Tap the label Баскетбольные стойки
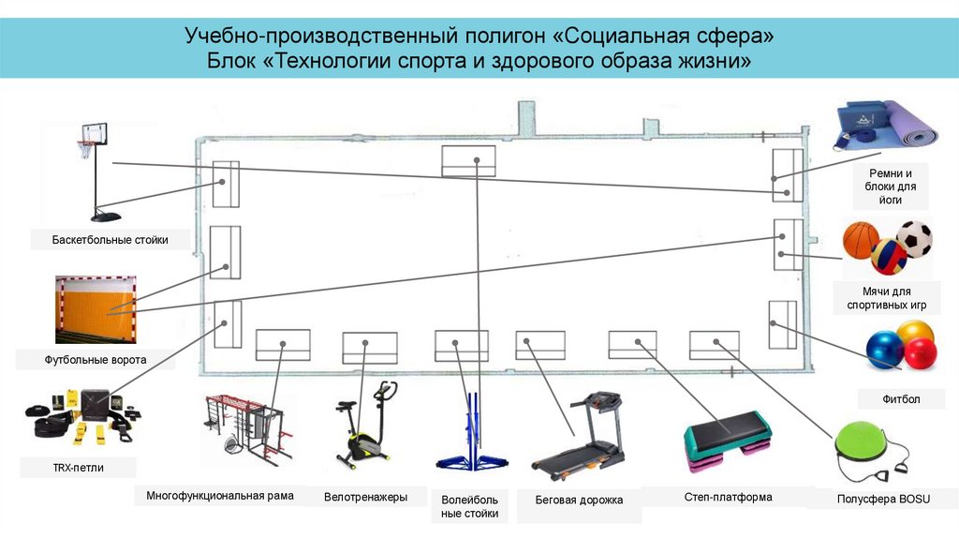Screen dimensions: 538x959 pyautogui.click(x=111, y=240)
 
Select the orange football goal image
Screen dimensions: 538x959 pyautogui.click(x=94, y=308)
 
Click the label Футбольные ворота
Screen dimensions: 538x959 pyautogui.click(x=95, y=358)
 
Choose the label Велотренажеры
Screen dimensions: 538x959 pyautogui.click(x=365, y=497)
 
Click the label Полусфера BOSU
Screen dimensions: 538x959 pyautogui.click(x=883, y=500)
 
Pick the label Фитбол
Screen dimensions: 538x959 pyautogui.click(x=901, y=399)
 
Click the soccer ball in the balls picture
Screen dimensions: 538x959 pyautogui.click(x=914, y=239)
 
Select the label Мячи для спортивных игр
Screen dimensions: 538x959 pyautogui.click(x=887, y=299)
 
